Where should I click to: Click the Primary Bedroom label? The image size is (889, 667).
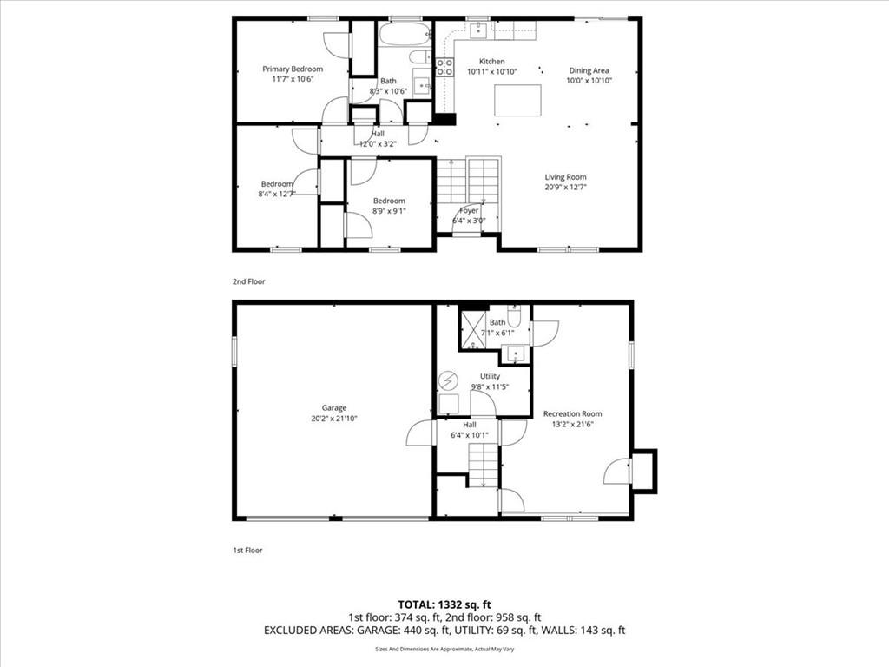pyautogui.click(x=293, y=69)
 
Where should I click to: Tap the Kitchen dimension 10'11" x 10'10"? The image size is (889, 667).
pyautogui.click(x=492, y=71)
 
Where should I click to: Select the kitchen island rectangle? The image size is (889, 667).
pyautogui.click(x=517, y=101)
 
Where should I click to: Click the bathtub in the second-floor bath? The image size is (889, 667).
pyautogui.click(x=405, y=35)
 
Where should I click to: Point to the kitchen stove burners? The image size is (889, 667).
pyautogui.click(x=444, y=67)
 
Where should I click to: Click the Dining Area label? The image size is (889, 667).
pyautogui.click(x=589, y=70)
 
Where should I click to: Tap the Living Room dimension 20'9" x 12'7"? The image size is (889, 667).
pyautogui.click(x=565, y=187)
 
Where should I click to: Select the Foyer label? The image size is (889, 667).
pyautogui.click(x=469, y=210)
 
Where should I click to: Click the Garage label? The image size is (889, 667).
pyautogui.click(x=334, y=408)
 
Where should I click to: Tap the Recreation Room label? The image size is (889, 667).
pyautogui.click(x=573, y=413)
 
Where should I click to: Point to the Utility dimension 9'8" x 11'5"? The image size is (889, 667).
pyautogui.click(x=490, y=386)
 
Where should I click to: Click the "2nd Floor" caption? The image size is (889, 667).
pyautogui.click(x=248, y=281)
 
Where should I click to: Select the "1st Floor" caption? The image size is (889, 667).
pyautogui.click(x=247, y=550)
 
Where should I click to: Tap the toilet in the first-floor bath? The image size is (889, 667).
pyautogui.click(x=514, y=315)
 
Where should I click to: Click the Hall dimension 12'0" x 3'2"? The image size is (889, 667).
pyautogui.click(x=378, y=144)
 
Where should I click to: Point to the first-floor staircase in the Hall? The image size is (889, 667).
pyautogui.click(x=483, y=466)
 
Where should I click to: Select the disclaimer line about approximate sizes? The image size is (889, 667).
pyautogui.click(x=444, y=649)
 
